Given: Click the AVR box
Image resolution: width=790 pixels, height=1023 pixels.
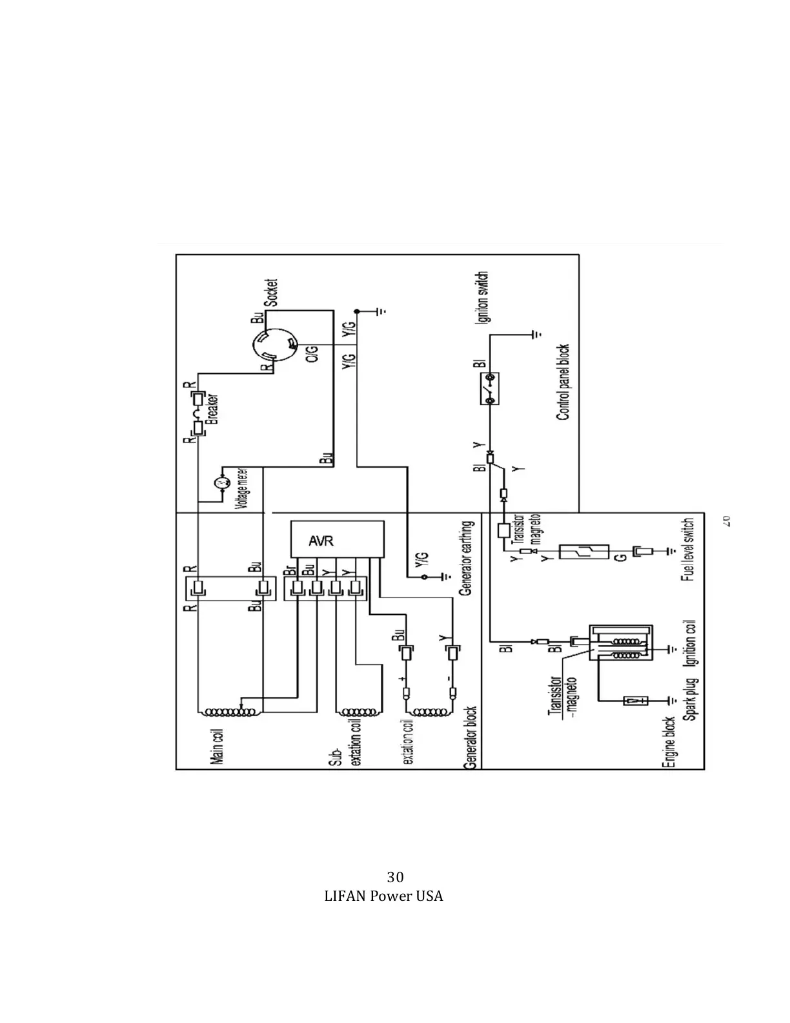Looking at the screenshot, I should pyautogui.click(x=337, y=539).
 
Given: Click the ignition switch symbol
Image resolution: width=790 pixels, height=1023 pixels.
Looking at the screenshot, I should pyautogui.click(x=490, y=389).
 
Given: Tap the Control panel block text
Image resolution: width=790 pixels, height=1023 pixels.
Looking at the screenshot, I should pyautogui.click(x=563, y=382).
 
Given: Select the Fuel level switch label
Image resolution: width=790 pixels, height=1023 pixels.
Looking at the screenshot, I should pyautogui.click(x=688, y=549).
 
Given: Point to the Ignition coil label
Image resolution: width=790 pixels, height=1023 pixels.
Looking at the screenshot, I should pyautogui.click(x=690, y=646).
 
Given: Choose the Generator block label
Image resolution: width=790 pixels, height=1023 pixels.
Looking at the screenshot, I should pyautogui.click(x=471, y=738).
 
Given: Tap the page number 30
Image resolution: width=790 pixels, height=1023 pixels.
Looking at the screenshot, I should pyautogui.click(x=395, y=876).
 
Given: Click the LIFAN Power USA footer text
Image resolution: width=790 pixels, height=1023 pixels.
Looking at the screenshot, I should pyautogui.click(x=383, y=896).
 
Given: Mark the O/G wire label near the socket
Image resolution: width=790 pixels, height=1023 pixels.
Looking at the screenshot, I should pyautogui.click(x=311, y=354).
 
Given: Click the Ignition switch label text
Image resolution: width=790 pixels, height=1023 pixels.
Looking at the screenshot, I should pyautogui.click(x=483, y=297).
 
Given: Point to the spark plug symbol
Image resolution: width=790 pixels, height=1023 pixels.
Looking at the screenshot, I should pyautogui.click(x=636, y=700).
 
